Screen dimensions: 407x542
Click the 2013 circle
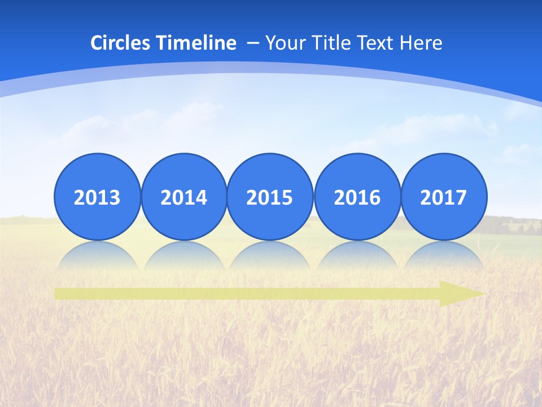pos(97,197)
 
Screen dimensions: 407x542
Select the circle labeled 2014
pos(183,197)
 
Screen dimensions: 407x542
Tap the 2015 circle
pos(270,197)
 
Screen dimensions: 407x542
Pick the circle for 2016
pos(357,197)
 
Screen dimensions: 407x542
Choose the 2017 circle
pos(444,197)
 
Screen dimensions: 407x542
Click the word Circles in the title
pos(120,43)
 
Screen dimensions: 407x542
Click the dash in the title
pos(252,43)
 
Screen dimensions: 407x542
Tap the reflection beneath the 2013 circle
pos(97,256)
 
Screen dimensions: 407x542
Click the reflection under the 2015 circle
pos(270,256)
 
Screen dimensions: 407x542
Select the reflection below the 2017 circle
pos(444,256)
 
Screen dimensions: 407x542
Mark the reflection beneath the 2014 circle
pos(183,256)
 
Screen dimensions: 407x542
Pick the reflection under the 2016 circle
pos(357,256)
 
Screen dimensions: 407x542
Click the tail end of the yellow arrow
pos(58,293)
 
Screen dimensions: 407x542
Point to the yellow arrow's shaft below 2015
pos(270,293)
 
